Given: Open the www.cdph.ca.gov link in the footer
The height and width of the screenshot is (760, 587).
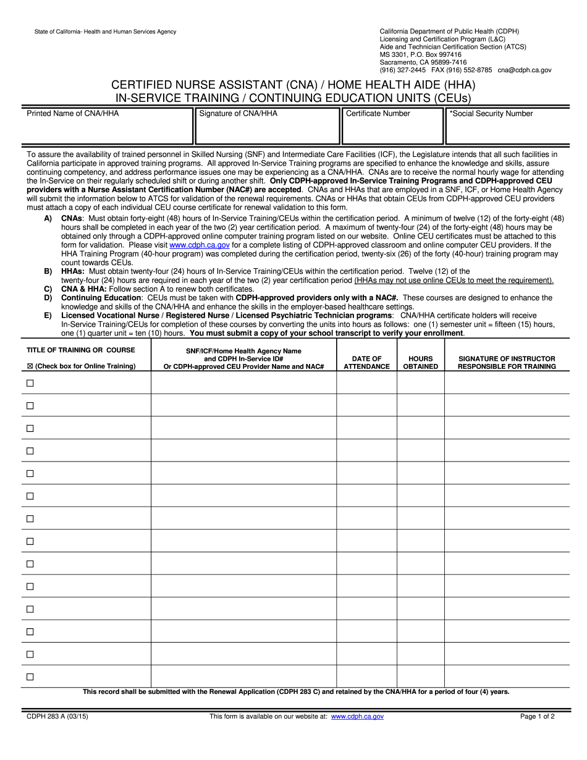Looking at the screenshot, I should [x=357, y=717].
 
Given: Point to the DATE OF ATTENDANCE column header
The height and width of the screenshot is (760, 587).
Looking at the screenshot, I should [x=366, y=363].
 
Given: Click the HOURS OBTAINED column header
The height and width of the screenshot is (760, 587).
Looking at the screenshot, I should [x=420, y=363].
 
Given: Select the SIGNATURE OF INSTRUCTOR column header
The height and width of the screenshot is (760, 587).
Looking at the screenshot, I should [x=507, y=363].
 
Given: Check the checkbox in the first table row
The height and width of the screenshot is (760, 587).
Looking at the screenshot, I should [x=30, y=383].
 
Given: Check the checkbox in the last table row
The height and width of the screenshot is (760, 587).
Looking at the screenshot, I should [x=30, y=677].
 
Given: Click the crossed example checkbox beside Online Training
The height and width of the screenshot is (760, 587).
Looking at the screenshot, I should [x=30, y=366].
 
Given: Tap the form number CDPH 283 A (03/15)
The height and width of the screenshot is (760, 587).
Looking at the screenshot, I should [x=53, y=717].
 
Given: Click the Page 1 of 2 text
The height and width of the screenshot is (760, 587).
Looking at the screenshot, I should [x=537, y=717].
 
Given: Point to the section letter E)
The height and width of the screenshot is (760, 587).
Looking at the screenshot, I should [x=48, y=316].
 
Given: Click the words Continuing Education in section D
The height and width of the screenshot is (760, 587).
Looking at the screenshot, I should [x=101, y=298].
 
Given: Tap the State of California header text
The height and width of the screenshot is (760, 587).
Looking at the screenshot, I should [x=96, y=32].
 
